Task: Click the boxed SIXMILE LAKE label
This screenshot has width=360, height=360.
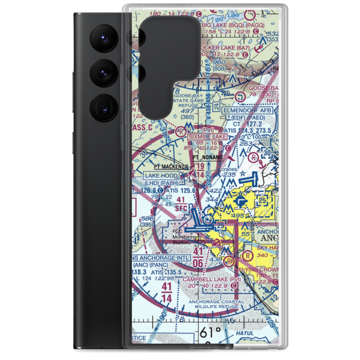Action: point(207,137)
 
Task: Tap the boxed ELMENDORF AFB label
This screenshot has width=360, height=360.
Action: point(248,110)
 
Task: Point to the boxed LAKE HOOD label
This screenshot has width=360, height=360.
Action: point(161,176)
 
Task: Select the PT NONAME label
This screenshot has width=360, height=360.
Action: point(208,158)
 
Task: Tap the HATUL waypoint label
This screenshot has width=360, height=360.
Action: point(244,334)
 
